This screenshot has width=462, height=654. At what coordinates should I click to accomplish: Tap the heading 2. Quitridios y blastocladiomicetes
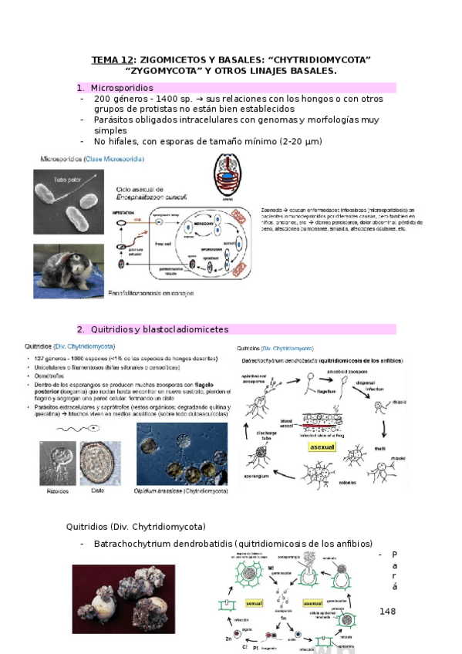(x=159, y=329)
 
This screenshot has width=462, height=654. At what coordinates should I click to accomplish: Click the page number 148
(x=387, y=611)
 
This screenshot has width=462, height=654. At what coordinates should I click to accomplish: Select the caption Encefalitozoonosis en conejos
(x=159, y=293)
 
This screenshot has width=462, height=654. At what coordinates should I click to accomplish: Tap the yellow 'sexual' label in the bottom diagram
(x=255, y=603)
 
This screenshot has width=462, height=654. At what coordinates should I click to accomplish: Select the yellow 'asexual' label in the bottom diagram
(x=313, y=604)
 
